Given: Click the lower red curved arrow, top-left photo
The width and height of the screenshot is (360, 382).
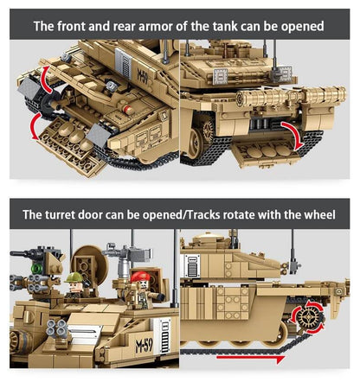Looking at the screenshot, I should tap(35, 127).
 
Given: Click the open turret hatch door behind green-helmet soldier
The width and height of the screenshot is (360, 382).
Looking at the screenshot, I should tap(87, 259).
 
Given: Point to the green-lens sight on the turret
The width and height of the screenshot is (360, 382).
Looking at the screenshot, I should tap(37, 270).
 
